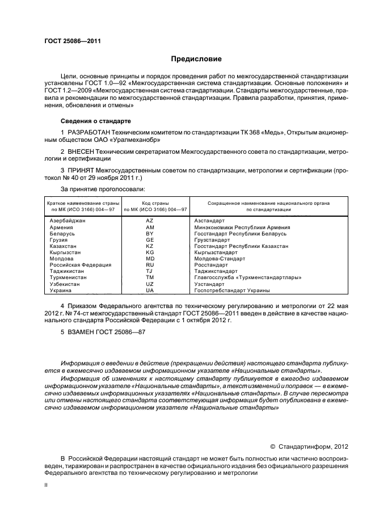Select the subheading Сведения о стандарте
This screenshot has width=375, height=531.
tap(95, 121)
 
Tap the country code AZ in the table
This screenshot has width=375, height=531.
tap(150, 220)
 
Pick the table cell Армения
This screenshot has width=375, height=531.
tap(63, 227)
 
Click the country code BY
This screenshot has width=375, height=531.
tap(150, 233)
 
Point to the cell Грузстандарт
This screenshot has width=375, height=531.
tap(217, 240)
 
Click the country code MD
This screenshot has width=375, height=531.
tap(150, 259)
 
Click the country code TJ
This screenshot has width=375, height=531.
tap(150, 271)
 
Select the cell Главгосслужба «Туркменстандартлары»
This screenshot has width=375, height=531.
tap(247, 277)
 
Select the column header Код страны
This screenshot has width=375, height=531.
tap(149, 203)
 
